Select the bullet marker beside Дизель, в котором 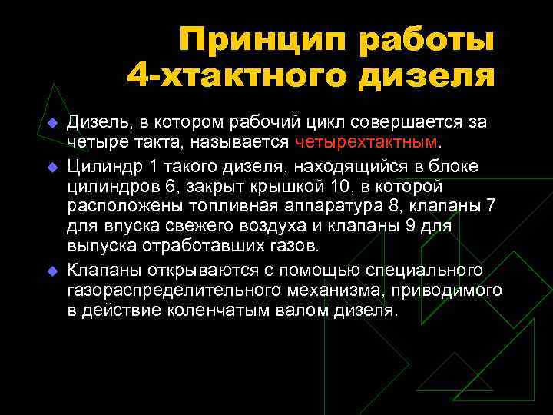coord(52,124)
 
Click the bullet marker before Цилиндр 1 coord(52,165)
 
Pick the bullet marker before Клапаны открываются coord(52,270)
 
